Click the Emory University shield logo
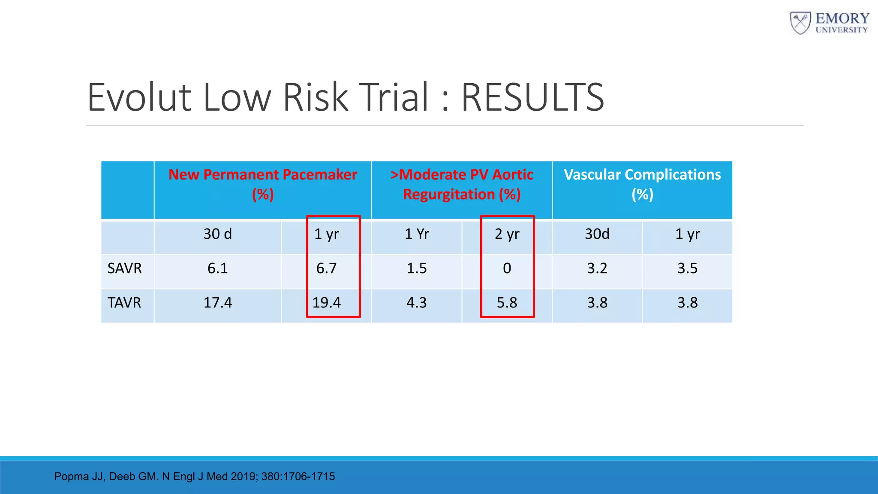(x=800, y=23)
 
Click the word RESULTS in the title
(x=532, y=98)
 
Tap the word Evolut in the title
(x=139, y=98)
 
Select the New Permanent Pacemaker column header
(x=263, y=184)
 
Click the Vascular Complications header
(x=642, y=184)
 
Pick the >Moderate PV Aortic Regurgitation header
(x=462, y=184)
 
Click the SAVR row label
(x=124, y=268)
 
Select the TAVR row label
(x=124, y=303)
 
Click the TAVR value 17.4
(x=217, y=303)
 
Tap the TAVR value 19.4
(x=327, y=303)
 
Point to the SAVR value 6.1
(x=217, y=268)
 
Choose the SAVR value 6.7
(x=327, y=268)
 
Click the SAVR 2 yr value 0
(x=507, y=268)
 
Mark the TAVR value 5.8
(x=507, y=303)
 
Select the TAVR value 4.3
(x=416, y=303)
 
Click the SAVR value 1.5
(x=416, y=268)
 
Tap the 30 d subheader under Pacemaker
(x=217, y=234)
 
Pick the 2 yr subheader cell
(x=507, y=234)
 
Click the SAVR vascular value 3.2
(x=597, y=268)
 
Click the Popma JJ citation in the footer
(x=194, y=476)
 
